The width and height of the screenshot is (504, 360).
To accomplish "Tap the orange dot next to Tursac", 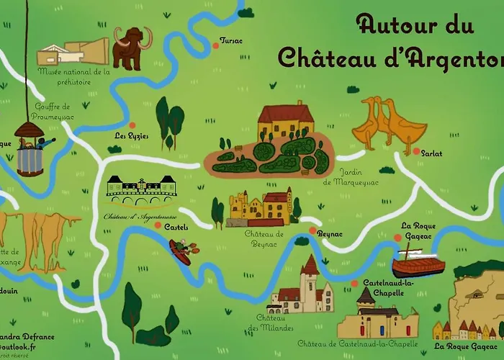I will pyautogui.click(x=215, y=46).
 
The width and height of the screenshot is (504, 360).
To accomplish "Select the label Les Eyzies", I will pyautogui.click(x=132, y=135).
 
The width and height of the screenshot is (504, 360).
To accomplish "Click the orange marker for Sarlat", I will pyautogui.click(x=416, y=151).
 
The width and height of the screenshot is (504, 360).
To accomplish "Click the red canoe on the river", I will pyautogui.click(x=181, y=251).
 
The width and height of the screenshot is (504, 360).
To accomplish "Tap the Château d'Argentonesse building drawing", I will pyautogui.click(x=140, y=189).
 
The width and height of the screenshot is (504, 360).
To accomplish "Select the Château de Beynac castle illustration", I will pyautogui.click(x=260, y=208).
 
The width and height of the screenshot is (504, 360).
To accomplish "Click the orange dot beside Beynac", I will pyautogui.click(x=312, y=231).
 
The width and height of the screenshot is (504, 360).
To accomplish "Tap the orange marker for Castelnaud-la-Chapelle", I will pyautogui.click(x=354, y=283).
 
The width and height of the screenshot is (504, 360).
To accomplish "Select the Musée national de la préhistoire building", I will pyautogui.click(x=72, y=53).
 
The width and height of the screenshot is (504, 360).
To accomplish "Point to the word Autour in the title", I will pyautogui.click(x=395, y=26).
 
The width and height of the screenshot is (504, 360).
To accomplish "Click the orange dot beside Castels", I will pyautogui.click(x=158, y=225).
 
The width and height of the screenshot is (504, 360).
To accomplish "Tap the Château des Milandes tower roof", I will pyautogui.click(x=310, y=266).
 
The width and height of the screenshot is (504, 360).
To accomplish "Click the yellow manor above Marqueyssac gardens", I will pyautogui.click(x=286, y=122).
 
